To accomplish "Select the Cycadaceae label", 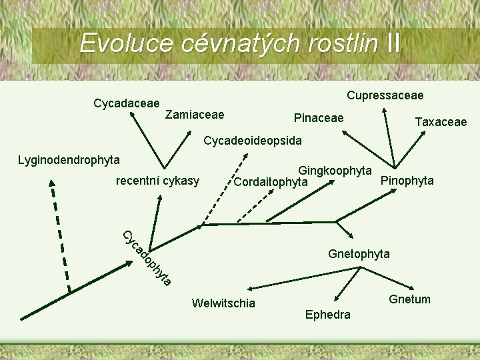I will pos(127,103).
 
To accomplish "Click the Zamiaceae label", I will pos(195,115).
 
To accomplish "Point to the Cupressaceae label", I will pos(385,95).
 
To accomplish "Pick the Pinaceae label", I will pos(319,118).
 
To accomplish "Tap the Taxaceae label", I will pos(441,121).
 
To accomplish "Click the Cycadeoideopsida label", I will pos(253,141).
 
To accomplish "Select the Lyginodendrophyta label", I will pos(69,159).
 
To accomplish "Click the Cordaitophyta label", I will pos(271,182).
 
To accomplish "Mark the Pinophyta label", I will pos(407,181).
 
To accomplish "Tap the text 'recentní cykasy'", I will pos(157,181).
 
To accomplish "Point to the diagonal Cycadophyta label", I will pos(147,258).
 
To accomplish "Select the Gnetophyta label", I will pos(359,254).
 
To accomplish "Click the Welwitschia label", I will pos(223,303).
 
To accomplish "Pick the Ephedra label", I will pos(327,315).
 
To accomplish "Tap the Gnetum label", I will pos(410,299).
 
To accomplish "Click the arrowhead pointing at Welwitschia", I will pos(248,289).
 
